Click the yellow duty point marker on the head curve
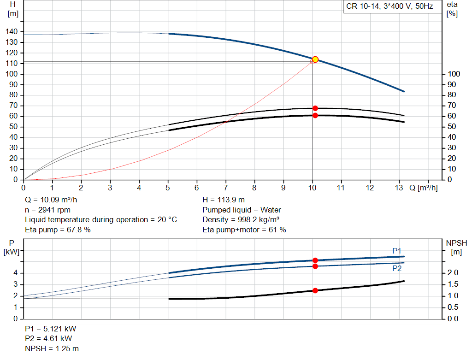(x=315, y=59)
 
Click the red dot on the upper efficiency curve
(x=315, y=108)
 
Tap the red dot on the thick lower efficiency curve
(x=315, y=115)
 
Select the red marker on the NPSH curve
(x=315, y=290)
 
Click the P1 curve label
(x=397, y=251)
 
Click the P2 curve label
(x=397, y=268)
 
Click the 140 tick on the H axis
(x=12, y=32)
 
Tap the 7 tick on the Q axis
(x=226, y=188)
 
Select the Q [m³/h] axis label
(x=424, y=188)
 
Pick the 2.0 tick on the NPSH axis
(x=453, y=273)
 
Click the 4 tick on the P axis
(x=15, y=273)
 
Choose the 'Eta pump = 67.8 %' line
(x=58, y=230)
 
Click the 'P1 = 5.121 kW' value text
(x=51, y=329)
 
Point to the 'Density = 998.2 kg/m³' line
(x=242, y=220)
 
